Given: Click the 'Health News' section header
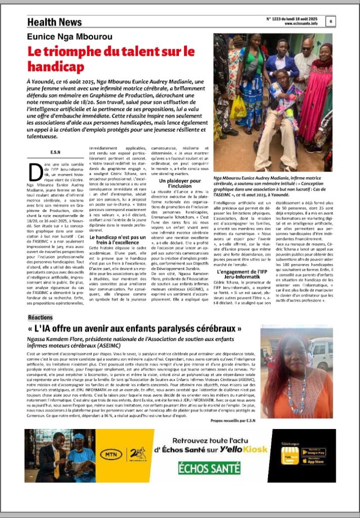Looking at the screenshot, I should point(54,22).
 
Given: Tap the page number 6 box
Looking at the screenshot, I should point(331,21).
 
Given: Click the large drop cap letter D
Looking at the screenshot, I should point(36,173).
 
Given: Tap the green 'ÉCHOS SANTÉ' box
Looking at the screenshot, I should point(202,468).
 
